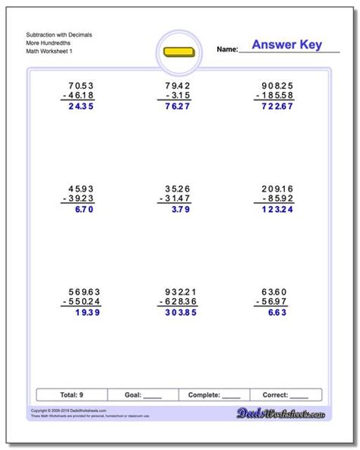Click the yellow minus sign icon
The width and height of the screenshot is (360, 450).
(180, 53)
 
